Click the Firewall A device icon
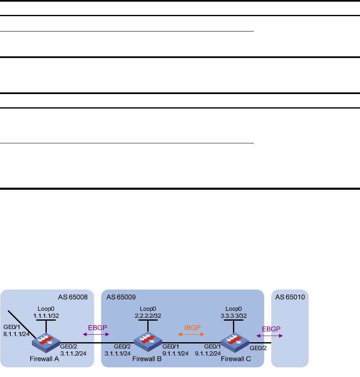[x=46, y=343]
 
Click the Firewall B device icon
[x=148, y=342]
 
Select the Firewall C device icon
[x=235, y=343]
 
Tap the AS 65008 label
[x=73, y=297]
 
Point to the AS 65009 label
[x=121, y=297]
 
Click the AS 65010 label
[x=290, y=297]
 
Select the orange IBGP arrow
[x=191, y=334]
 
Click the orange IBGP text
[x=192, y=328]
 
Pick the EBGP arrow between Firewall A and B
[x=96, y=334]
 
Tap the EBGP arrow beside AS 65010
[x=269, y=336]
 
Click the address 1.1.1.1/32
[x=46, y=316]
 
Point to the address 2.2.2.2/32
[x=148, y=316]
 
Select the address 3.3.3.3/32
[x=234, y=316]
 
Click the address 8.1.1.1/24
[x=17, y=334]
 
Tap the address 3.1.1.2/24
[x=73, y=353]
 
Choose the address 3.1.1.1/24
[x=118, y=353]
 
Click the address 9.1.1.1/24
[x=175, y=353]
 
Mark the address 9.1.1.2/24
[x=208, y=353]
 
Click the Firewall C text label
[x=236, y=359]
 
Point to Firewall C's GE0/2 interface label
[x=258, y=348]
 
